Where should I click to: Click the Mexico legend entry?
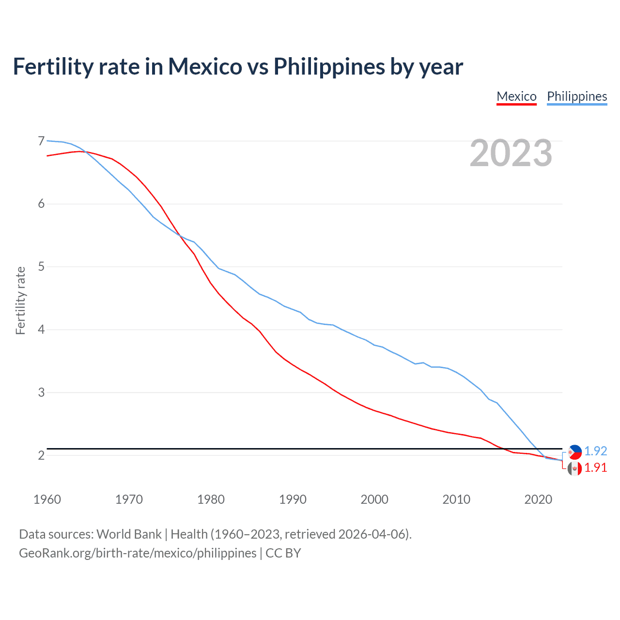coord(516,96)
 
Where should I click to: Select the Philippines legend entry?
coord(577,96)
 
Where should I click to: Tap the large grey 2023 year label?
coord(511,153)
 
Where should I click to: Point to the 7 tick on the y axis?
coord(41,141)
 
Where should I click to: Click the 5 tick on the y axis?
coord(41,266)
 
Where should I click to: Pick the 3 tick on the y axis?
coord(41,392)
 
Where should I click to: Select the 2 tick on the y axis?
coord(41,455)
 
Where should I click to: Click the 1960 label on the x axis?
coord(47,499)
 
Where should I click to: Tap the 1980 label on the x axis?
coord(211,499)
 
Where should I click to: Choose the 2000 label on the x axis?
coord(374,499)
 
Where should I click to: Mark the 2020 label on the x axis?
coord(538,499)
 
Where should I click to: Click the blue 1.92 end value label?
coord(595,451)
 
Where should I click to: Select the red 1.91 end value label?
coord(595,467)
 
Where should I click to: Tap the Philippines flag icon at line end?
coord(574,452)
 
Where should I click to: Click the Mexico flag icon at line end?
coord(574,468)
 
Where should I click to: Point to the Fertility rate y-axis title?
coord(20,300)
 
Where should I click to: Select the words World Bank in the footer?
coord(129,534)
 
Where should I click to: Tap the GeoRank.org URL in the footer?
coord(138,553)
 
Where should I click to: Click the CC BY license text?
coord(283,553)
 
